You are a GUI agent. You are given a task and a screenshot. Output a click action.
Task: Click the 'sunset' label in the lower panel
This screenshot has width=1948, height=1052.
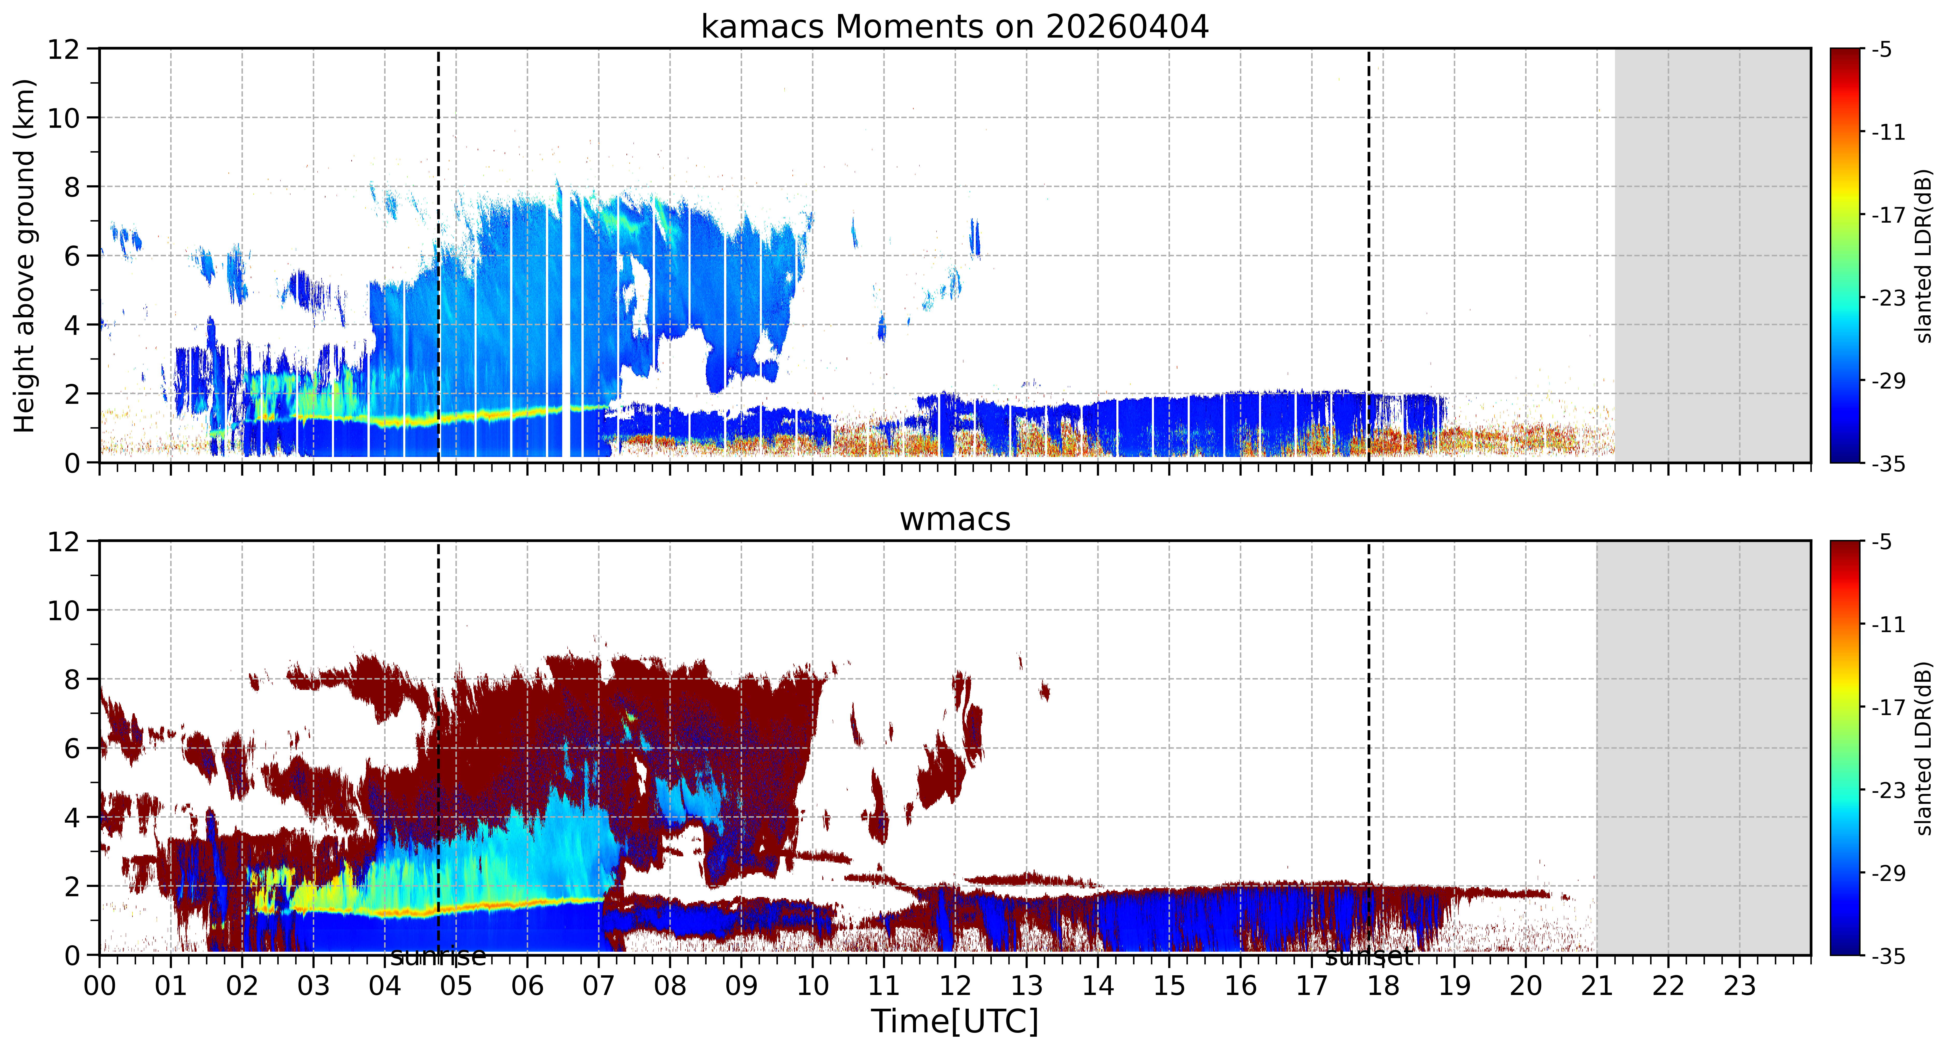coord(1369,957)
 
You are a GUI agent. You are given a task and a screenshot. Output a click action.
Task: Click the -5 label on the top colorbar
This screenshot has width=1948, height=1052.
coord(1882,50)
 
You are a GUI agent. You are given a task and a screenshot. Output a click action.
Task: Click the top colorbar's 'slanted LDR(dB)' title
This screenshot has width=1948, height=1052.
coord(1924,256)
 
